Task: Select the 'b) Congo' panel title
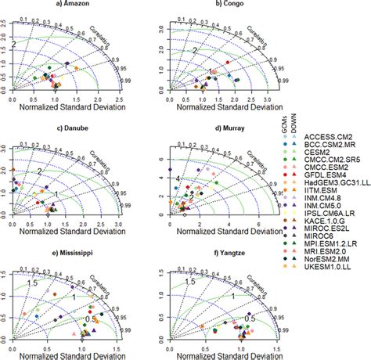(x=232, y=5)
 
